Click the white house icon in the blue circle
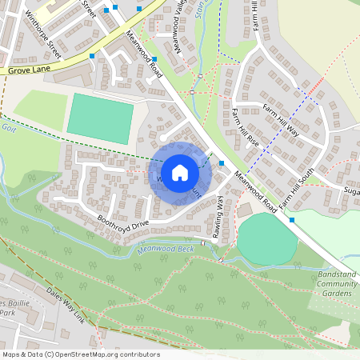(180, 172)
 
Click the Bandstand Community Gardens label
(336, 283)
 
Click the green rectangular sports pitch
(100, 118)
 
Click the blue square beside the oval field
(291, 220)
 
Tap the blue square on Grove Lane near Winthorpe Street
(93, 56)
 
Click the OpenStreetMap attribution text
(80, 354)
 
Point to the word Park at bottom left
(10, 313)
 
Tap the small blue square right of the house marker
(221, 164)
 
